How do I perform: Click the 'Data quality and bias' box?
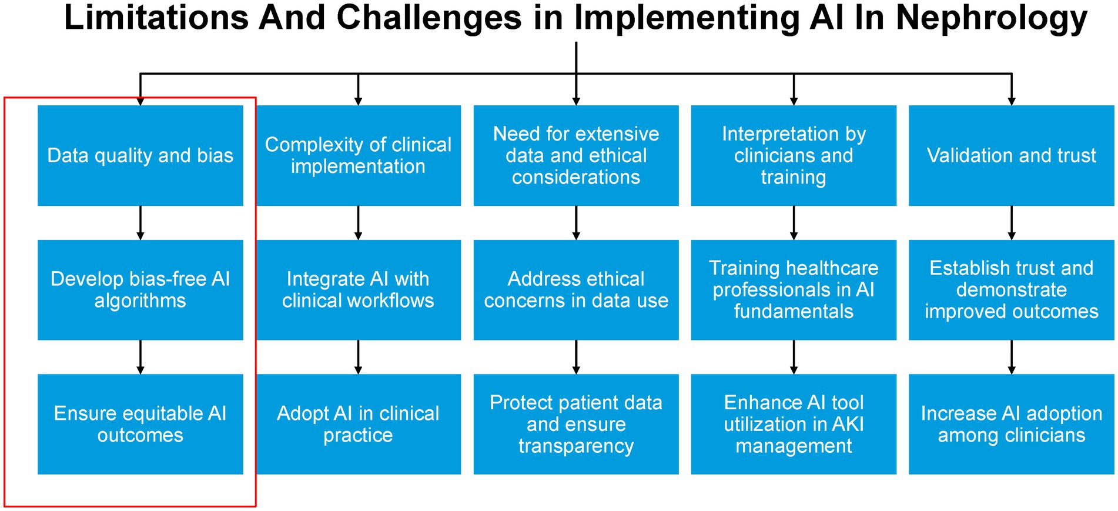(x=140, y=155)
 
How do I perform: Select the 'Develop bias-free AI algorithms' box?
(x=140, y=289)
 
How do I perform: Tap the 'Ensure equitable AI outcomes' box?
(x=140, y=424)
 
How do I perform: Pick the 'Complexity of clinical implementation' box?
(x=358, y=155)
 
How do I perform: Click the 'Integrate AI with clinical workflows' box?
(x=358, y=289)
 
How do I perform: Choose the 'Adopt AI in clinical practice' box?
(x=358, y=424)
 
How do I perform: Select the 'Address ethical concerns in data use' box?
(x=576, y=289)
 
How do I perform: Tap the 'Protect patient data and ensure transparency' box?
(x=576, y=424)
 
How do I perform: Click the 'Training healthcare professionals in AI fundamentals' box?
(x=794, y=289)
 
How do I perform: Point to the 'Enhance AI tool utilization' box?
(x=794, y=424)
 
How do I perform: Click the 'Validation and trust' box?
(x=1012, y=155)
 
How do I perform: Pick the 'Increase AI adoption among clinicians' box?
(x=1012, y=424)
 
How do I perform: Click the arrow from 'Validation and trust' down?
(x=1012, y=223)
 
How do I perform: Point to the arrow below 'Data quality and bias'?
(x=140, y=223)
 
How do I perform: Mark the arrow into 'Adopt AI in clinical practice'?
(x=358, y=357)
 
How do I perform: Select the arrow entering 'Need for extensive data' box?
(x=576, y=74)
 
